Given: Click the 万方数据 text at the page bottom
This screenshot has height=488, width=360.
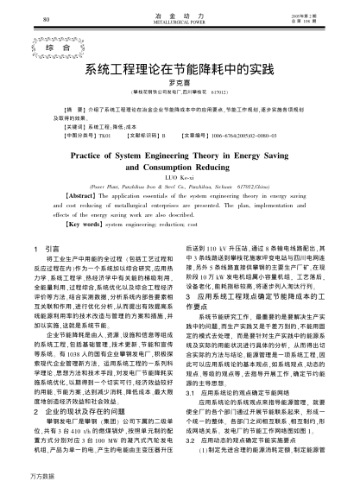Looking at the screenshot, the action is [x=24, y=477].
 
